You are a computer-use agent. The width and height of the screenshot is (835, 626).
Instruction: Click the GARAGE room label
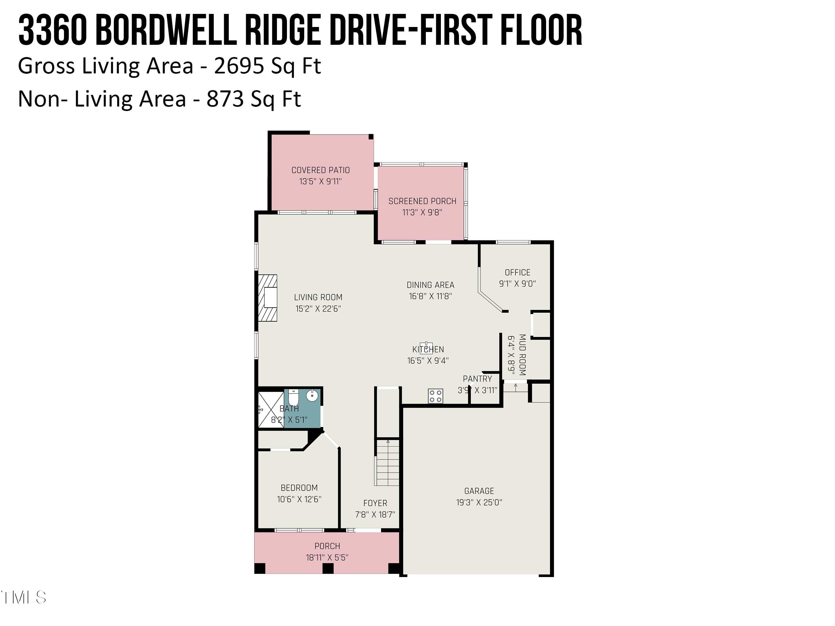(x=479, y=491)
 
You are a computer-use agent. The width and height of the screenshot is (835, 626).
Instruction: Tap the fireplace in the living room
(x=268, y=298)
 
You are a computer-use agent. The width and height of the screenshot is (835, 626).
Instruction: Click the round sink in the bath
(x=312, y=396)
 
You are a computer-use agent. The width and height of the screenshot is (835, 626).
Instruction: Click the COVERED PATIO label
(x=320, y=170)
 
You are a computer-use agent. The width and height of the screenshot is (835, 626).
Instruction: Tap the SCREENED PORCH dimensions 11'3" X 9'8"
(x=422, y=213)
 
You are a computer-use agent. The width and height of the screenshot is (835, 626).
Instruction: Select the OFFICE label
(x=517, y=272)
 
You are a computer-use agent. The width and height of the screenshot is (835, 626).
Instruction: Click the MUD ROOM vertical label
(x=522, y=355)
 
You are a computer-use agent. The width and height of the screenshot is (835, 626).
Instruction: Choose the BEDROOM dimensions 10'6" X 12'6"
(x=299, y=499)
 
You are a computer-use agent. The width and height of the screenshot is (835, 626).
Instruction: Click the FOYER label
(x=375, y=503)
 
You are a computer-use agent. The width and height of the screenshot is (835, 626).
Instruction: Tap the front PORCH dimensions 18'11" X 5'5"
(x=327, y=557)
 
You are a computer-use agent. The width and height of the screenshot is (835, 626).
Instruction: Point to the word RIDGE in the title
(x=285, y=30)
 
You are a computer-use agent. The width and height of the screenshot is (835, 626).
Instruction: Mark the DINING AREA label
(x=430, y=285)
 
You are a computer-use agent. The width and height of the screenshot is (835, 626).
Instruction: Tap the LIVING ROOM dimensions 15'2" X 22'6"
(x=318, y=309)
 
